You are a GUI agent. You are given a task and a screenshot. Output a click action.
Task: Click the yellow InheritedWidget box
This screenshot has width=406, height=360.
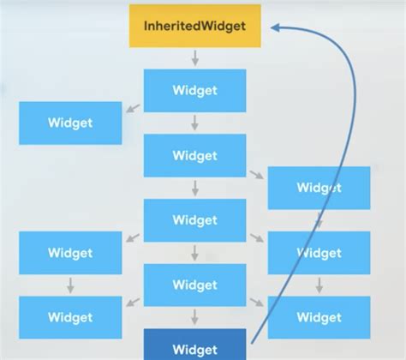tap(195, 26)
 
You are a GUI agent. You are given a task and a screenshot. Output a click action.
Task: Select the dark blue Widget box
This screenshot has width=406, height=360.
tap(195, 347)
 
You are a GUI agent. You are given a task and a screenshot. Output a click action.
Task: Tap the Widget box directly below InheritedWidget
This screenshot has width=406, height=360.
tap(195, 89)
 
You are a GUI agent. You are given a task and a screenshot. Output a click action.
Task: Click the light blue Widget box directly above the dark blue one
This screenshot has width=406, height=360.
tap(195, 285)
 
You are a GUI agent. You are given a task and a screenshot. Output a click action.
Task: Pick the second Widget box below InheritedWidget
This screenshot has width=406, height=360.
tap(195, 155)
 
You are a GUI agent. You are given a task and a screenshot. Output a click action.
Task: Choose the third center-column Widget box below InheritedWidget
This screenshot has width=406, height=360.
tap(195, 219)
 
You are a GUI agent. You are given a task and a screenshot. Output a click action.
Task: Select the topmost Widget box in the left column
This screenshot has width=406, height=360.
tap(70, 123)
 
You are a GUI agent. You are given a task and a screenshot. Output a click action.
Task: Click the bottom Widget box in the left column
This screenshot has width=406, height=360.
tap(70, 317)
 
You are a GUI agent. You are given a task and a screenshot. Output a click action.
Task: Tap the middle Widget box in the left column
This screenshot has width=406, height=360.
tap(70, 252)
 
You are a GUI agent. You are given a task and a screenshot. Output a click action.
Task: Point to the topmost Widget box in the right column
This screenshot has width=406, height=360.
tap(319, 188)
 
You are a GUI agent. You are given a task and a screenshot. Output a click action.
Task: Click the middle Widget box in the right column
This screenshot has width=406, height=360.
tap(319, 252)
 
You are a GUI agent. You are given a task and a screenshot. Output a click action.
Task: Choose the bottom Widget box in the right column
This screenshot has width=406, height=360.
tap(319, 317)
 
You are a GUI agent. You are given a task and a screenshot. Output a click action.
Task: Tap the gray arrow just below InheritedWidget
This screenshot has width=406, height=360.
tap(195, 57)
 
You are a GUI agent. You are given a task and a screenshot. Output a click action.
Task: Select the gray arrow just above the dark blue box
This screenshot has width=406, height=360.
tap(195, 316)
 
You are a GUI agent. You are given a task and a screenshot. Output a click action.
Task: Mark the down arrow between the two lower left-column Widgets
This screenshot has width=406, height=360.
tap(70, 285)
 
